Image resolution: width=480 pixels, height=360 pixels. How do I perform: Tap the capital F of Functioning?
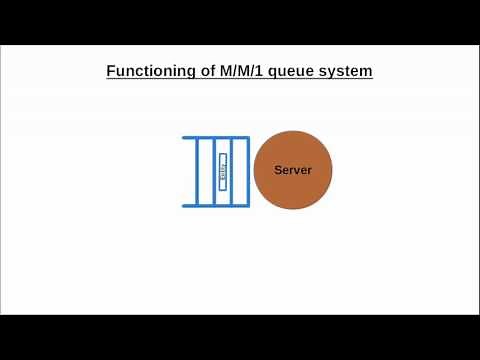click(110, 72)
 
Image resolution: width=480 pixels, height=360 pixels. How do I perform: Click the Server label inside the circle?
click(293, 170)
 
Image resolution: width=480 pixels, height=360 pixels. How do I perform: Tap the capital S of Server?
click(278, 170)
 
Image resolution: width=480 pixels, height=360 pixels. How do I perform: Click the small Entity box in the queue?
click(223, 171)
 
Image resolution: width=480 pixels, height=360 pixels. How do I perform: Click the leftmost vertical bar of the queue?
click(198, 171)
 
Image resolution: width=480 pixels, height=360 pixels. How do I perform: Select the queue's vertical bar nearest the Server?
click(247, 171)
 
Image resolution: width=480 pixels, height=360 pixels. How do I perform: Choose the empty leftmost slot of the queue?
click(206, 171)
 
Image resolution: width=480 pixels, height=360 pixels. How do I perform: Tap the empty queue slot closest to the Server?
click(239, 171)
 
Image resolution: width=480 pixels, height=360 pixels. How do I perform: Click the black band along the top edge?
click(240, 20)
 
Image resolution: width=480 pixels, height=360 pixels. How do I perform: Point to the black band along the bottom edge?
click(240, 337)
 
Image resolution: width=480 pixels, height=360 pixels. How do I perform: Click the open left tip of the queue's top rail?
click(184, 137)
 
